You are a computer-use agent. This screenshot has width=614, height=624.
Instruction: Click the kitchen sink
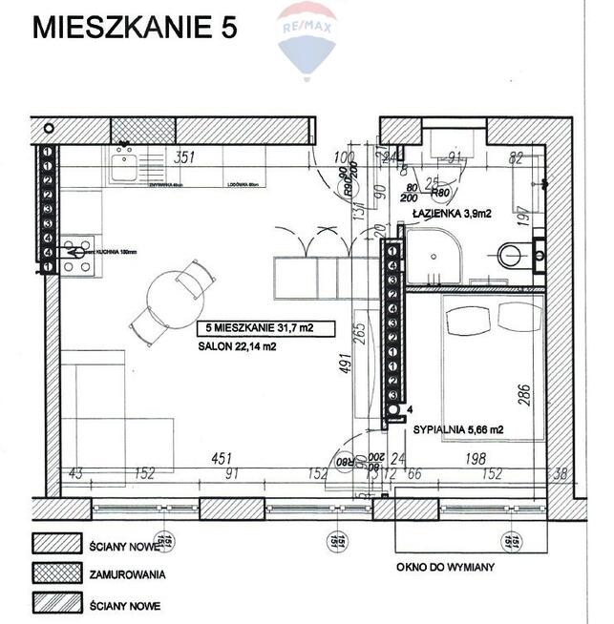124,169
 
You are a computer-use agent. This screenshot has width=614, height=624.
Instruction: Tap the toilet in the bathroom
513,255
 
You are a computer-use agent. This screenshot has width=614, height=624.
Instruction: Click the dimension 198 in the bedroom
475,459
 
